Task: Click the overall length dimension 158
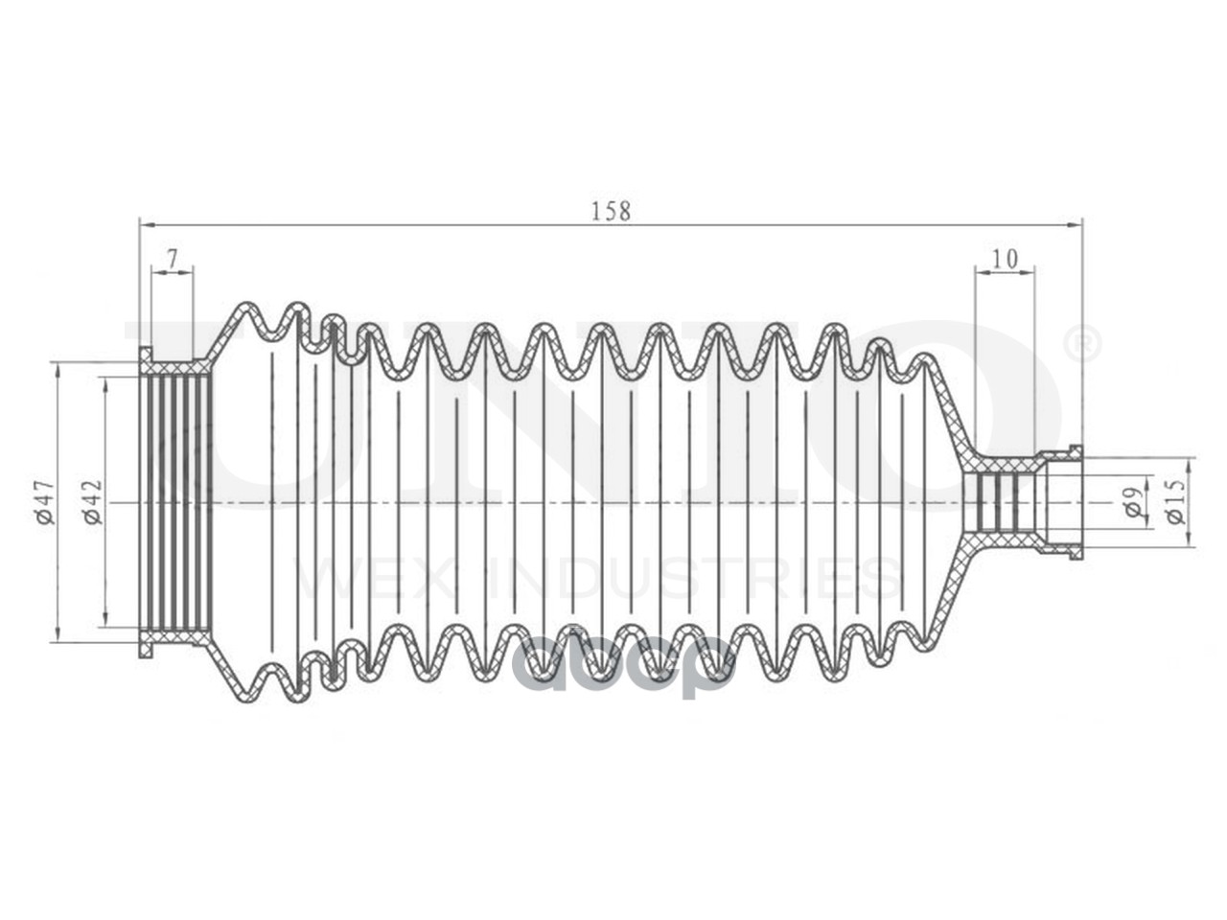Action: [611, 211]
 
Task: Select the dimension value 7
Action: [173, 258]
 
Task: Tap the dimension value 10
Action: [1005, 258]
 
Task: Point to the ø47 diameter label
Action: [44, 502]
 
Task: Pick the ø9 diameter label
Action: [1133, 503]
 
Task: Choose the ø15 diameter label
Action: [1178, 501]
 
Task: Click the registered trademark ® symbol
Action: [1084, 344]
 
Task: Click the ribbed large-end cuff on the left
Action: [176, 502]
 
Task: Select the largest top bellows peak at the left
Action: [248, 308]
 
